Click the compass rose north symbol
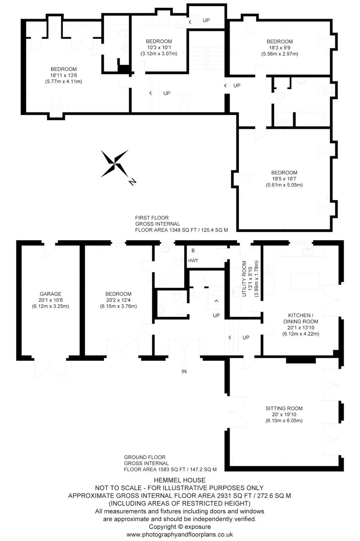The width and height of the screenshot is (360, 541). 115,163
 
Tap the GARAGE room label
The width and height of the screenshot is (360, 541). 50,294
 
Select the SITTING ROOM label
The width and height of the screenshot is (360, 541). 284,409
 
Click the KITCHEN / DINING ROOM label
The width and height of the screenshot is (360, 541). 301,318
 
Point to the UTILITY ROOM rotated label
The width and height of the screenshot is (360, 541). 244,279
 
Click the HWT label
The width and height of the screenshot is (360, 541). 193,261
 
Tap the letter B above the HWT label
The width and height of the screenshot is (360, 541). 193,250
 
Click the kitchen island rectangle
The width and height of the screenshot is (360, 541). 305,281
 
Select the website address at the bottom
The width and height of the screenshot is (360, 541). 180,535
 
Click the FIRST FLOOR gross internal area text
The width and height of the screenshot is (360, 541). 182,224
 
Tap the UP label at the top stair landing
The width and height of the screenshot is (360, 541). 206,20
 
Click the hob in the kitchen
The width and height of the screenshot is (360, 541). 270,270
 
